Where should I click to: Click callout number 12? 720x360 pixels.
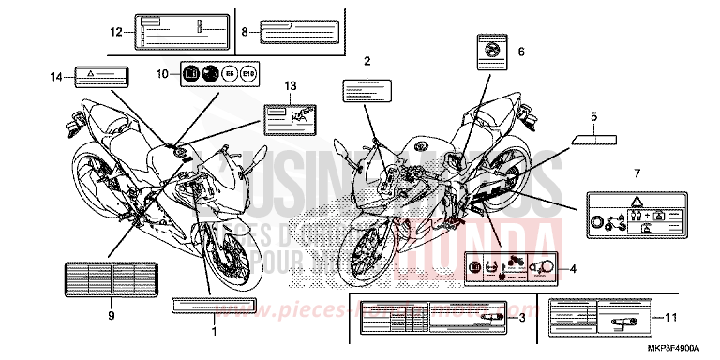[x=116, y=31]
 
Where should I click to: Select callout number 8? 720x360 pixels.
[x=245, y=31]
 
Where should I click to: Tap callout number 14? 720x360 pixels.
[x=56, y=75]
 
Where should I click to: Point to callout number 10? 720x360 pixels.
[x=161, y=73]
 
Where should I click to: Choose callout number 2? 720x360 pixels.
[x=367, y=61]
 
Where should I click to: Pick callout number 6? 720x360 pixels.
[x=521, y=52]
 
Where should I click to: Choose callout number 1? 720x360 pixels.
[x=214, y=331]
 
